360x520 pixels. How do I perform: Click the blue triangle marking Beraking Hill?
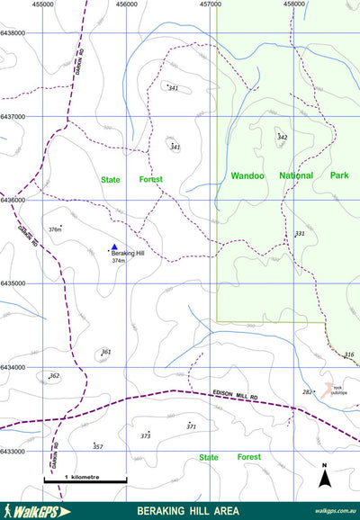(x=114, y=246)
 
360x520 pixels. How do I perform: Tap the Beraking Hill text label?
(x=129, y=254)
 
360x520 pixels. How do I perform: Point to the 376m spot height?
(x=54, y=230)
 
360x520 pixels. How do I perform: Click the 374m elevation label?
(x=118, y=261)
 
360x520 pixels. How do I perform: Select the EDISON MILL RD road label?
(x=236, y=395)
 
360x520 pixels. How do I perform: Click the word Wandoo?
(x=247, y=176)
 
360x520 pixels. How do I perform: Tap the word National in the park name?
(x=296, y=176)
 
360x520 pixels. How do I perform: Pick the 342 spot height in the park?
(x=282, y=138)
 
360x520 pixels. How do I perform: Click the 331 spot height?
(x=300, y=234)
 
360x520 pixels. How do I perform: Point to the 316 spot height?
(x=349, y=355)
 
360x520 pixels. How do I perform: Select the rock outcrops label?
(x=338, y=390)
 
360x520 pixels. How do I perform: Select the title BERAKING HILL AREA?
(x=188, y=511)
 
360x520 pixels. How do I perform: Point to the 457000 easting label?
(x=210, y=4)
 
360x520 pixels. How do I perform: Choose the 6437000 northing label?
(x=13, y=117)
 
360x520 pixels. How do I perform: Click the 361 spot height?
(x=106, y=353)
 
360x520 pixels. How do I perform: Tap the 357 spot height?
(x=98, y=447)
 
